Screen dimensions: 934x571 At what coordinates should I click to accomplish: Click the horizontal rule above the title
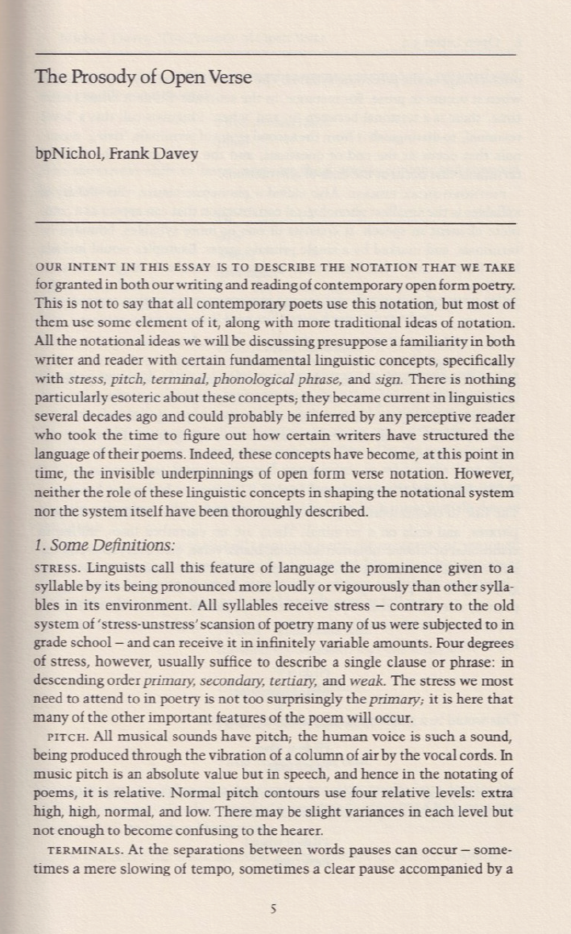click(274, 54)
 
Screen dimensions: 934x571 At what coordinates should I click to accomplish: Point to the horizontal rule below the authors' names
click(274, 222)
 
